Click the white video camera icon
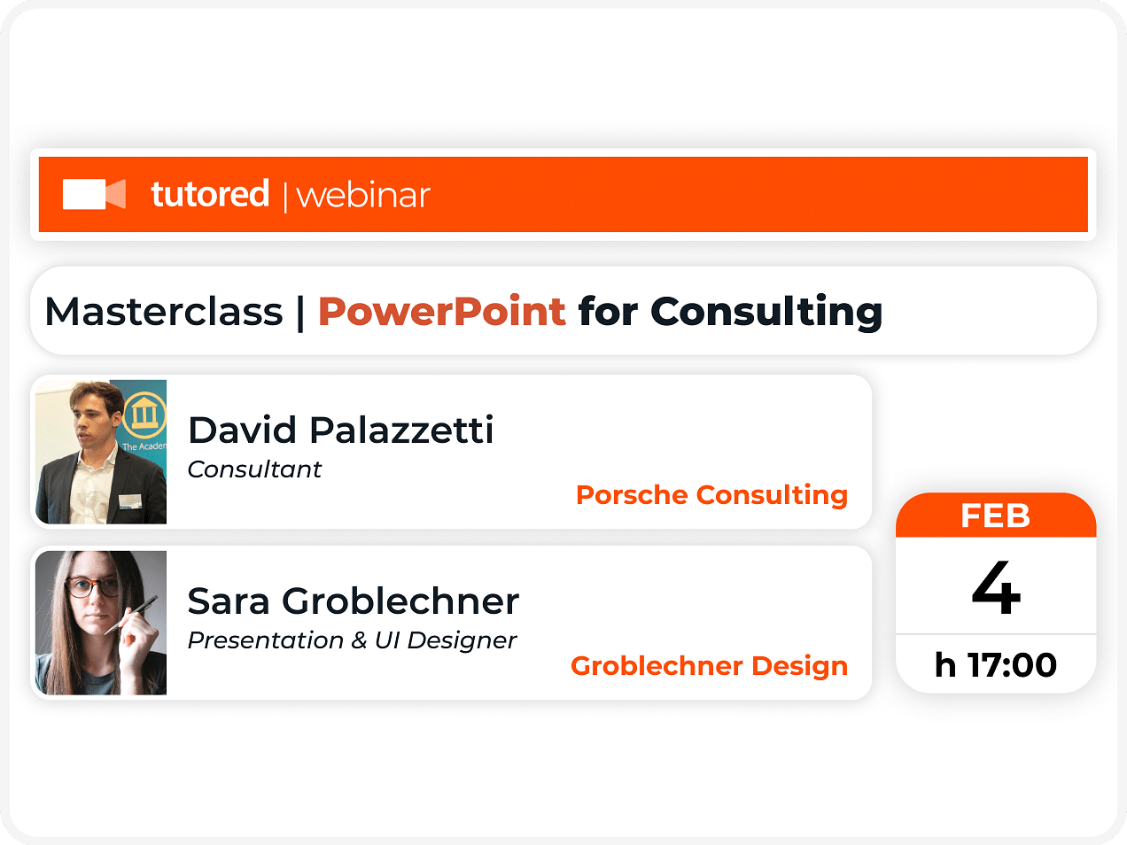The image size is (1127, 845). tap(94, 194)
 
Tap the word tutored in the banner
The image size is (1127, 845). tap(209, 193)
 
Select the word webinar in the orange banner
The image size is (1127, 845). tap(363, 196)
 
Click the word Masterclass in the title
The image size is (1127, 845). tap(164, 312)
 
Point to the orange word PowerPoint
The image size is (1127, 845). tap(442, 312)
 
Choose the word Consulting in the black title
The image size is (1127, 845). tap(766, 313)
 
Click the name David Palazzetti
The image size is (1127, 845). tap(341, 430)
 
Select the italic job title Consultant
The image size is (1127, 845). tap(254, 469)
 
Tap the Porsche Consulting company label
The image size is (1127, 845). tap(711, 496)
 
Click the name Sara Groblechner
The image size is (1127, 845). tap(354, 601)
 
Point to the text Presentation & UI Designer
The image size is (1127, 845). tap(353, 640)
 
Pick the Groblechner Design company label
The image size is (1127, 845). tap(709, 666)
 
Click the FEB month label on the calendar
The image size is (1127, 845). tap(996, 516)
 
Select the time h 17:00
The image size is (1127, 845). tap(996, 665)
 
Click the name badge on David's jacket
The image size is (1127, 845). tap(129, 500)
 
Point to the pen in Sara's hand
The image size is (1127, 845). tap(131, 615)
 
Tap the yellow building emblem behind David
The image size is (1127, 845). tap(144, 414)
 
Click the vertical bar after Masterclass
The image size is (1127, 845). tap(300, 313)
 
